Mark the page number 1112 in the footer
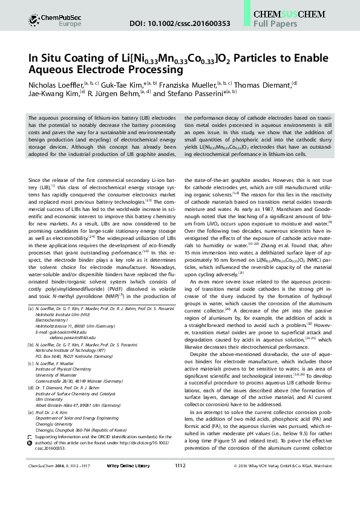tap(180, 501)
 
